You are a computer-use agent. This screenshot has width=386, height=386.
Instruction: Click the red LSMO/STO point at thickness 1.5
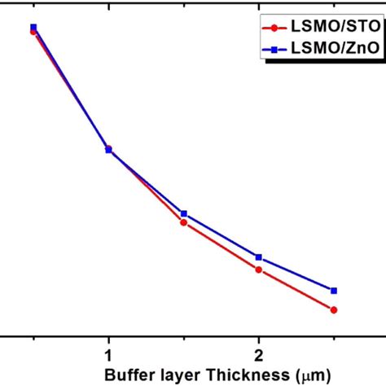coord(184,222)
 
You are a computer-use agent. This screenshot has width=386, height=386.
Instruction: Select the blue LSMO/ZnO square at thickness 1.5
coord(184,213)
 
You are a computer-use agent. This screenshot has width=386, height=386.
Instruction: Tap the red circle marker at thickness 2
coord(259,269)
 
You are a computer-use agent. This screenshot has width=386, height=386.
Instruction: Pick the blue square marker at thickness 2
coord(259,257)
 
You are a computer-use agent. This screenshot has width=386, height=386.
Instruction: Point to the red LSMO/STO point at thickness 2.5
coord(334,309)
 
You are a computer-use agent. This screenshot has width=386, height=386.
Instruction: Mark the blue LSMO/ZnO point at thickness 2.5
coord(334,290)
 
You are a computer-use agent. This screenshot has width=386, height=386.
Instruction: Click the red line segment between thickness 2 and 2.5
coord(296,289)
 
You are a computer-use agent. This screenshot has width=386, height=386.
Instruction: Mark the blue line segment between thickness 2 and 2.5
coord(296,274)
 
